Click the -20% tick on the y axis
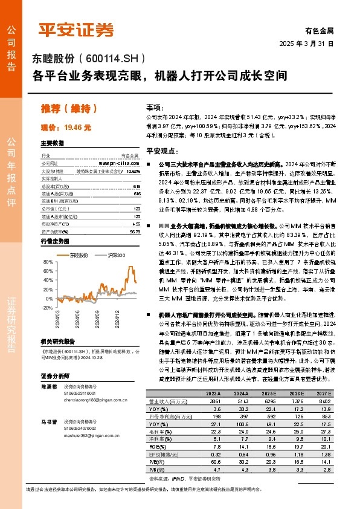click(46, 307)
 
